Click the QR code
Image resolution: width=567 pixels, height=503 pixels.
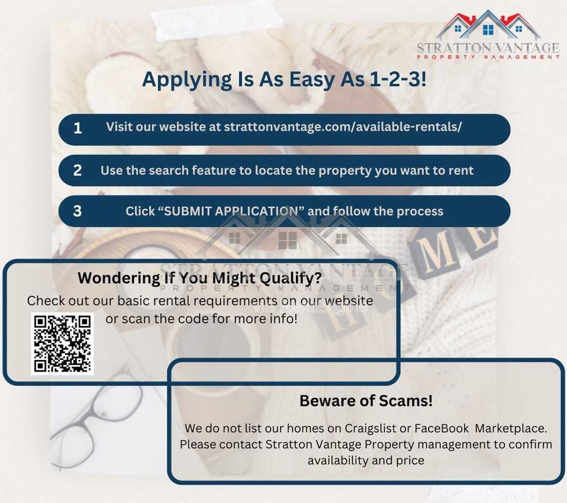click(62, 344)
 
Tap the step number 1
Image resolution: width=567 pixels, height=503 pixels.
click(78, 128)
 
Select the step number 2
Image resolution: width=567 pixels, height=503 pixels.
click(78, 170)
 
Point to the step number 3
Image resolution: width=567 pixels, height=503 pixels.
click(78, 211)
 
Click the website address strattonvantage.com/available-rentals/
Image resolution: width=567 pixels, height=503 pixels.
click(343, 127)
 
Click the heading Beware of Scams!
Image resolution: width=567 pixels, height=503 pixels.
click(366, 401)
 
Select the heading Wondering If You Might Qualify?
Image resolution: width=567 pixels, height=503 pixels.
click(200, 278)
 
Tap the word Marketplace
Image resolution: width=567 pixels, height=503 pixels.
click(510, 429)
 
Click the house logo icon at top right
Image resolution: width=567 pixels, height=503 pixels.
click(488, 25)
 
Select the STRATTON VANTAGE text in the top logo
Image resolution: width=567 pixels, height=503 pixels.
click(488, 48)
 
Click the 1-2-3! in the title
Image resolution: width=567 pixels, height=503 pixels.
click(398, 79)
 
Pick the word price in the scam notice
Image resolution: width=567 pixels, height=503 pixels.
click(410, 461)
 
